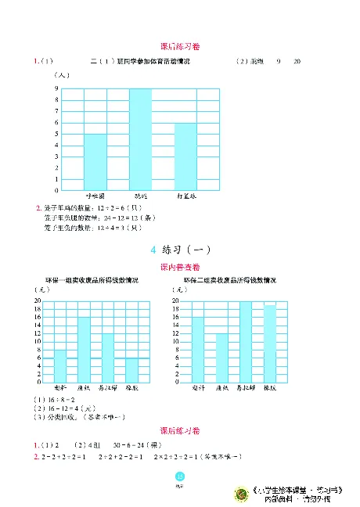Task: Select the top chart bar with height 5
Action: [95, 162]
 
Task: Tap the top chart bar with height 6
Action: [185, 156]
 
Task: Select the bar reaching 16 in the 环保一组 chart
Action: [84, 349]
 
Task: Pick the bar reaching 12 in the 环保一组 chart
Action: [107, 358]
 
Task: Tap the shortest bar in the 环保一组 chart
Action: [131, 369]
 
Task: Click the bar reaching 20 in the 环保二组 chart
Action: [246, 341]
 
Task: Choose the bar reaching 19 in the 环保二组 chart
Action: [269, 343]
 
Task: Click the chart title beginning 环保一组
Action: [92, 280]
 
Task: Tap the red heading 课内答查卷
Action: [180, 268]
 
